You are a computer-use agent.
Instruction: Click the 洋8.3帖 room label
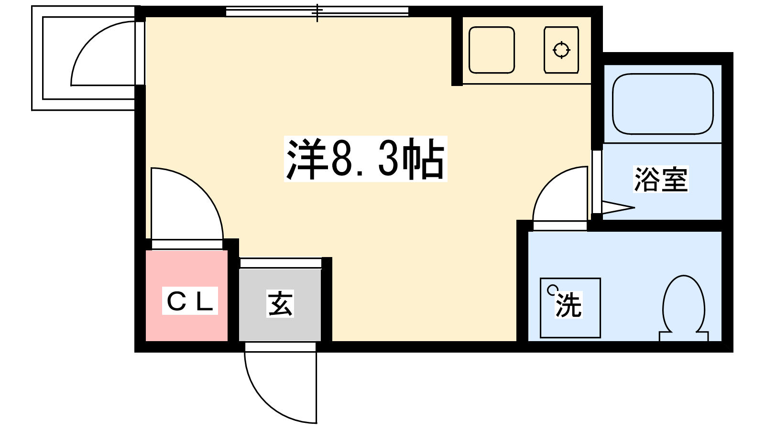(x=365, y=159)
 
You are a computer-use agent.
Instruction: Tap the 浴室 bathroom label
(x=660, y=179)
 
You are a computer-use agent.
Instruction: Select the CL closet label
(x=190, y=301)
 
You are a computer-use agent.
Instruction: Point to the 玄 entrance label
(x=280, y=304)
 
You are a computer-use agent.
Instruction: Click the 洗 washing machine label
(x=568, y=304)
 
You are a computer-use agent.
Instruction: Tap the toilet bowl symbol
(x=684, y=303)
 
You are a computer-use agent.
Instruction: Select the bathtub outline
(x=663, y=104)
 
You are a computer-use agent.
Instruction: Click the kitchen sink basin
(x=492, y=50)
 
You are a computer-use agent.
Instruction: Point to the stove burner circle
(x=561, y=50)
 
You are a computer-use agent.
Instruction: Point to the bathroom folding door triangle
(x=618, y=207)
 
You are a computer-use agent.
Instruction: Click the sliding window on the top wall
(x=317, y=12)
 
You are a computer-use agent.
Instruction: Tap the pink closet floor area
(x=187, y=328)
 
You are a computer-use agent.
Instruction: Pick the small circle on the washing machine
(x=551, y=290)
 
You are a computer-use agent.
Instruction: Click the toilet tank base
(x=684, y=336)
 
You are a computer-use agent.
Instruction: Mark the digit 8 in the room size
(x=339, y=160)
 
